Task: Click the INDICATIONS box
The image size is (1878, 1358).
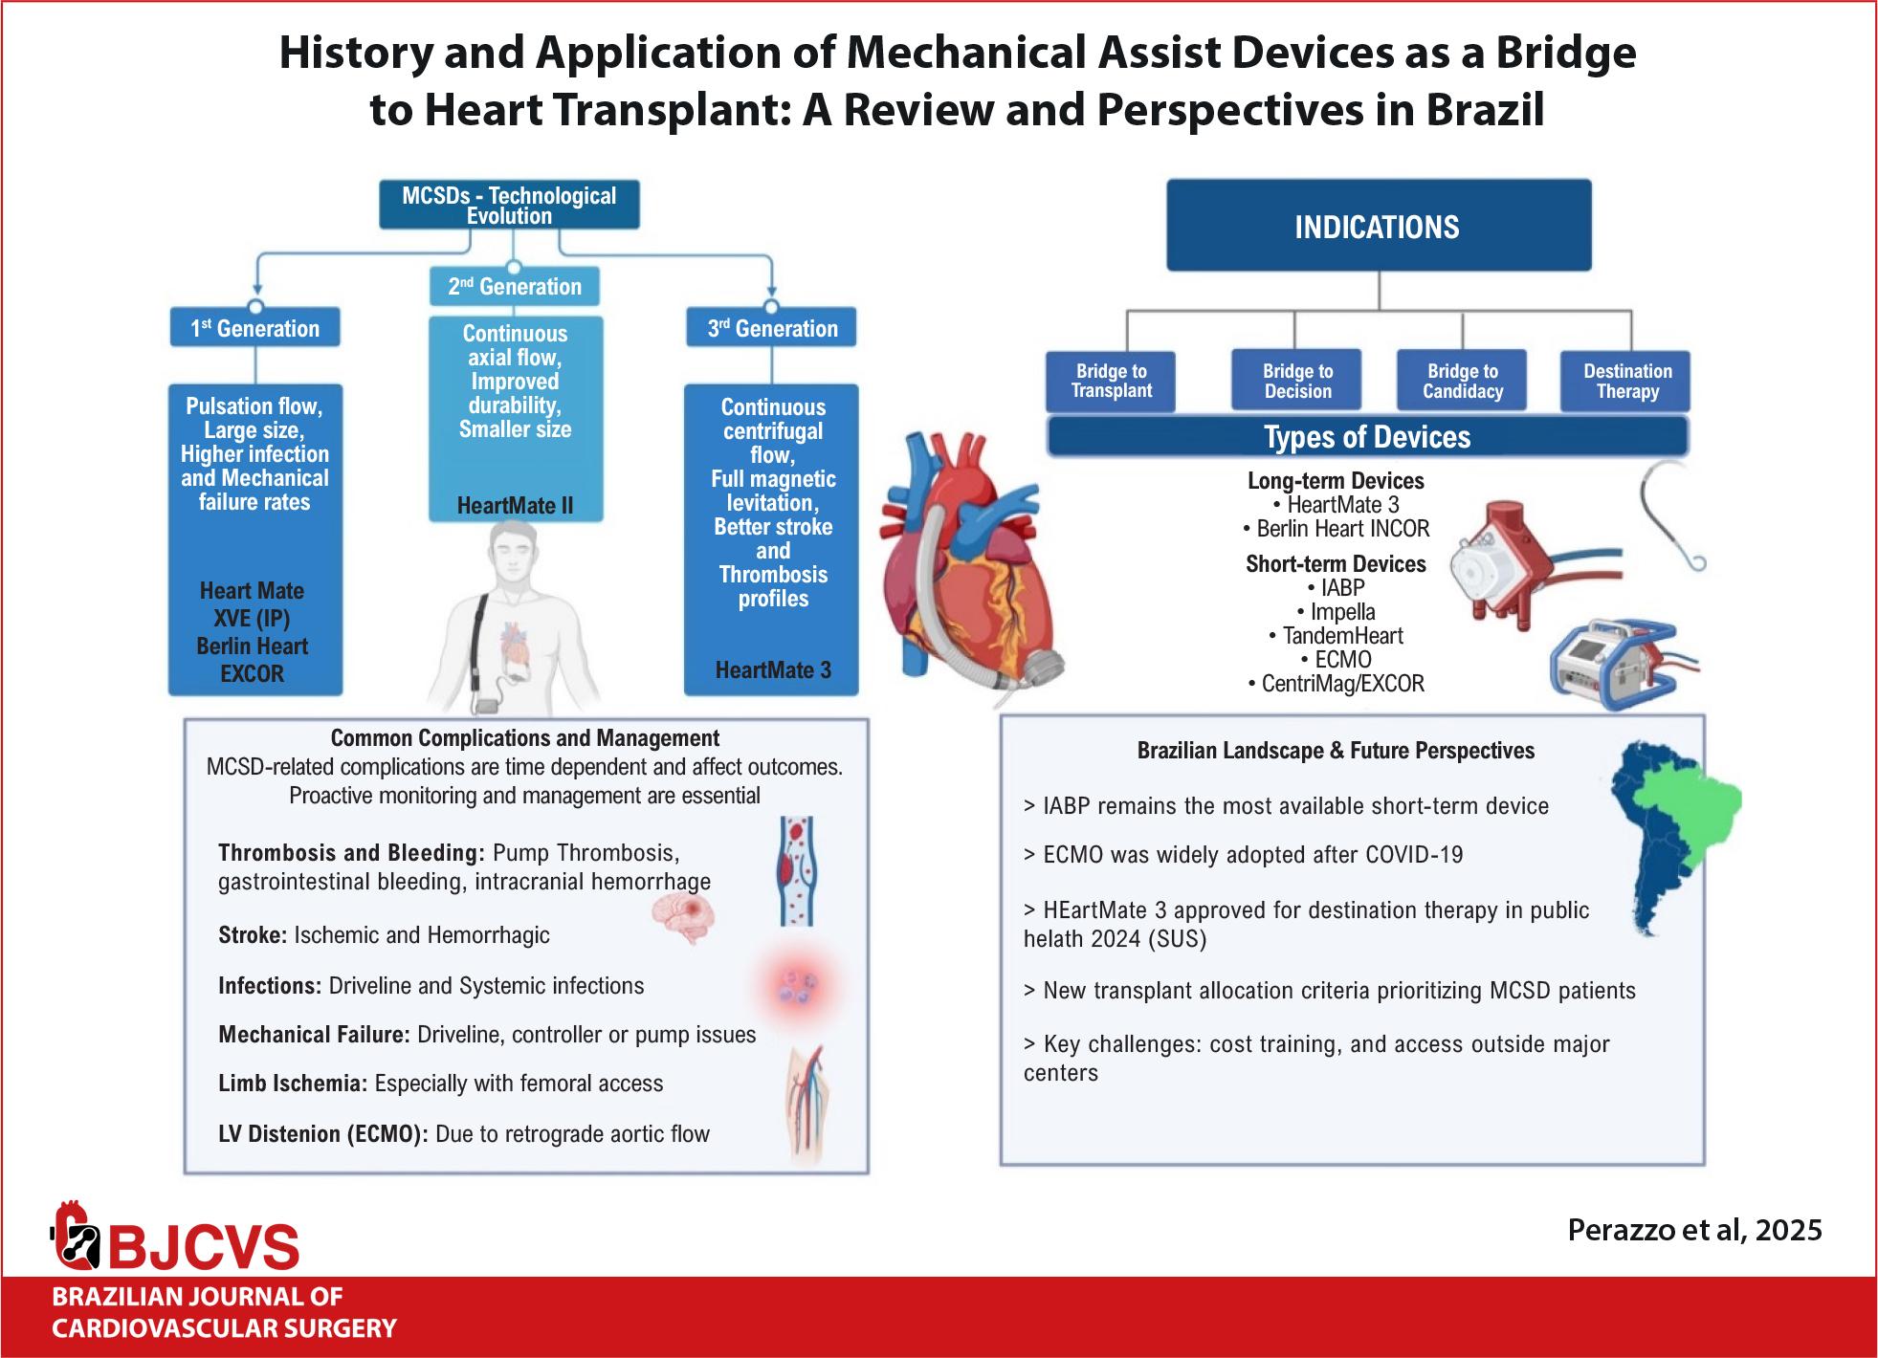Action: (x=1379, y=226)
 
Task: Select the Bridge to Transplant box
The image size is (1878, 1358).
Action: (x=1111, y=382)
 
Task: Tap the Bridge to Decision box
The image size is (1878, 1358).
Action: (x=1297, y=382)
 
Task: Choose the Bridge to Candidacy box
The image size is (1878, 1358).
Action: (x=1462, y=382)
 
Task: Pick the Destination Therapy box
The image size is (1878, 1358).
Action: (x=1626, y=382)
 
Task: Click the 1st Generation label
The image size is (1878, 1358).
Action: (x=255, y=328)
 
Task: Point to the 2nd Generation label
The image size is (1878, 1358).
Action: (x=515, y=286)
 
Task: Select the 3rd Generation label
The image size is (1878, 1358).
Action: (x=772, y=328)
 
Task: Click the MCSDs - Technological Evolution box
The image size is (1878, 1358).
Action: (x=509, y=206)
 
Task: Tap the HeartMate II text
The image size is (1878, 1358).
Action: (x=515, y=506)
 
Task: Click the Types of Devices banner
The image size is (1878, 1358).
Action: (x=1368, y=437)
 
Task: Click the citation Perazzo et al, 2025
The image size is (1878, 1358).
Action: (x=1694, y=1229)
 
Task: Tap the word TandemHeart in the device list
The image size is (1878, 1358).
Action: (x=1342, y=636)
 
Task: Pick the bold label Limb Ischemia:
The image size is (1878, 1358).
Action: (x=293, y=1084)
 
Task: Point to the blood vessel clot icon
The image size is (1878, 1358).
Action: (x=795, y=870)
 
